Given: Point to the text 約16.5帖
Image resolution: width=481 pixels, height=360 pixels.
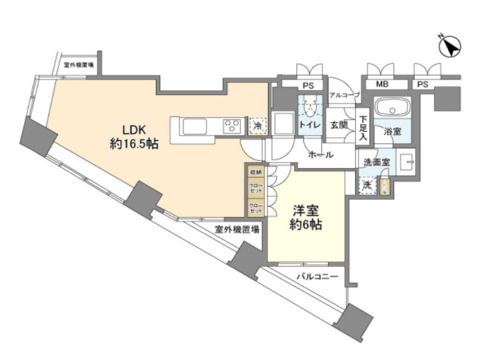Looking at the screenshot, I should tap(134, 144).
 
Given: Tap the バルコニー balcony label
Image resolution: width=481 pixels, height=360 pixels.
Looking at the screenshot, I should tap(317, 277).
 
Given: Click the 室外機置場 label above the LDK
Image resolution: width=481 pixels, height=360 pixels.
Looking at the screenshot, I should tap(78, 65).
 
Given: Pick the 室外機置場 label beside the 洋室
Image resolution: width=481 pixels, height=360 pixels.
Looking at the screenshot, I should tap(237, 229).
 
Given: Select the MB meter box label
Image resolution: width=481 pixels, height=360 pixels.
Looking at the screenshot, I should tap(382, 85).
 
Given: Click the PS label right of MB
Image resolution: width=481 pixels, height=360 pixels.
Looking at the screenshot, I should tap(422, 85).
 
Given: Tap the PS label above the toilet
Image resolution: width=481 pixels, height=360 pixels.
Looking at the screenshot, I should tap(308, 85).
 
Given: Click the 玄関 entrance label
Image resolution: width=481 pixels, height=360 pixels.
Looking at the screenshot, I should tap(338, 125).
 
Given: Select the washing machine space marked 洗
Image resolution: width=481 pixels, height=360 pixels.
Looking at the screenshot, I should tap(367, 186).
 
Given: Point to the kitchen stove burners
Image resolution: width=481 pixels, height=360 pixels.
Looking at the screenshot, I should tap(232, 125).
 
